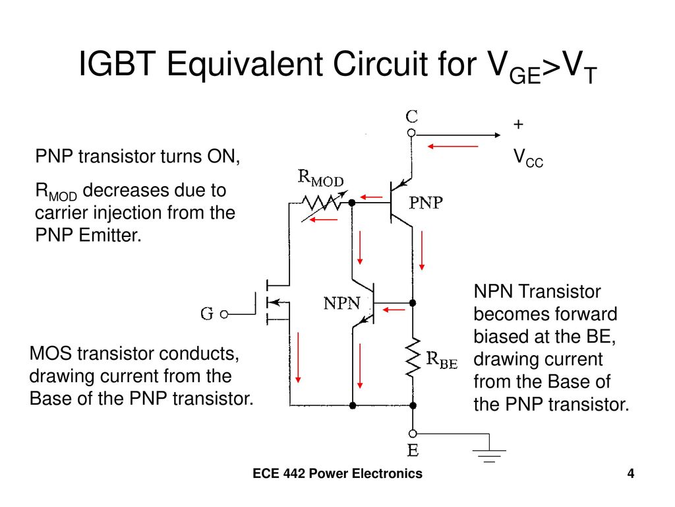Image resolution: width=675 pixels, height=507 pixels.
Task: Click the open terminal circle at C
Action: [411, 133]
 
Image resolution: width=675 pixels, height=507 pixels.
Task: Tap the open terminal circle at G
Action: [224, 315]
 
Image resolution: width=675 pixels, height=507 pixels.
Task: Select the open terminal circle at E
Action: [413, 433]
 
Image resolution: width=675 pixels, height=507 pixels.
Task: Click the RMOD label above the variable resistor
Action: [321, 178]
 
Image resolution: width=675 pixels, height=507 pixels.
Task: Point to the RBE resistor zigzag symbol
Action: [413, 358]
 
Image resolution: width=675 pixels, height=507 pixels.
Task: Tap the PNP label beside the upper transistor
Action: [426, 203]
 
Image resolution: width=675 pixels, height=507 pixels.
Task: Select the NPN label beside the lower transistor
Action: [342, 304]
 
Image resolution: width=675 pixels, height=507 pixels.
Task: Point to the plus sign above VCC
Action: [518, 124]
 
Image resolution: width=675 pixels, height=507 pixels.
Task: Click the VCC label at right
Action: [528, 158]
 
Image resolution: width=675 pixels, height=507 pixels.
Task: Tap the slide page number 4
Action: [631, 473]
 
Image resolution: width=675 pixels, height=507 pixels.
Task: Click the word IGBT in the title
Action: [117, 64]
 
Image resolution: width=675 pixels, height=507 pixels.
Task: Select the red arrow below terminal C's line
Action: [453, 147]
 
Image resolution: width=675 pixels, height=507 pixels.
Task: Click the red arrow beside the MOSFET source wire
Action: [298, 357]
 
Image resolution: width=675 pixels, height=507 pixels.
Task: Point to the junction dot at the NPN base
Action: [413, 303]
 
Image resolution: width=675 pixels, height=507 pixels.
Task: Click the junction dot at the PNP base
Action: [352, 203]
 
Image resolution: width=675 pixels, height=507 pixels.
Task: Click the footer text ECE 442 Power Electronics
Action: [337, 473]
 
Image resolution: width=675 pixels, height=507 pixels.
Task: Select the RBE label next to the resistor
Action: [442, 360]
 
